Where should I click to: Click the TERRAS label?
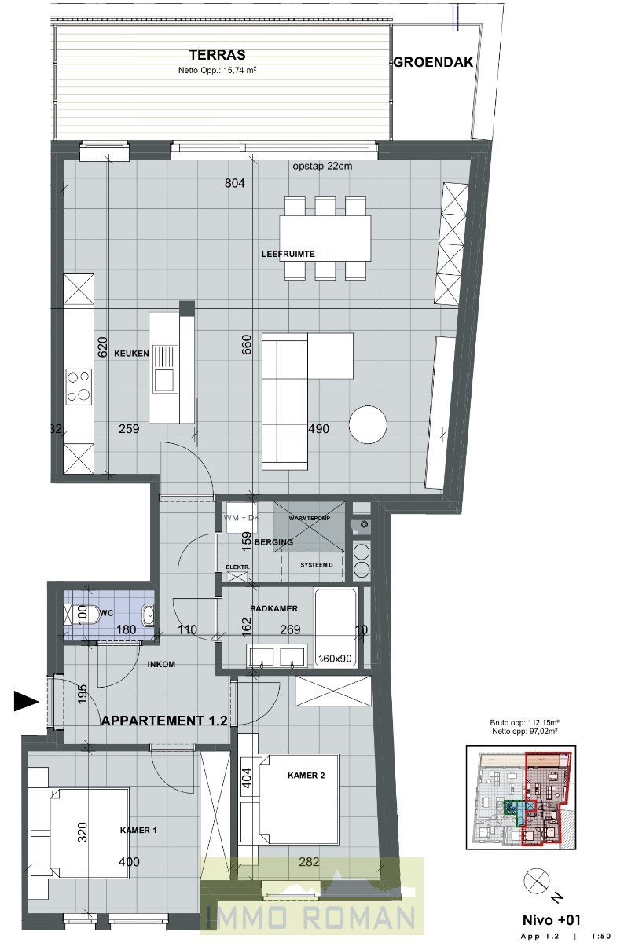click(x=217, y=55)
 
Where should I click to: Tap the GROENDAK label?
click(x=433, y=63)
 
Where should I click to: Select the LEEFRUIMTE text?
click(x=288, y=255)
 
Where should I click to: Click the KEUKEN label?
click(x=131, y=354)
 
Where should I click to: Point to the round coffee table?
click(x=368, y=424)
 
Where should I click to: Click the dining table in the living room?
click(x=325, y=238)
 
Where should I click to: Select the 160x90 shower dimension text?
click(x=336, y=658)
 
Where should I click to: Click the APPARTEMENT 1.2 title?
click(x=164, y=719)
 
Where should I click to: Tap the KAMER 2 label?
click(x=306, y=776)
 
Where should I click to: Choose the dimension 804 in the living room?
click(x=236, y=184)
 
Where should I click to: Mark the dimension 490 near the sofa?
click(x=318, y=429)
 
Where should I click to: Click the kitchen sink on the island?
click(x=164, y=380)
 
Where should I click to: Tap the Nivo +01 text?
click(x=551, y=919)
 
